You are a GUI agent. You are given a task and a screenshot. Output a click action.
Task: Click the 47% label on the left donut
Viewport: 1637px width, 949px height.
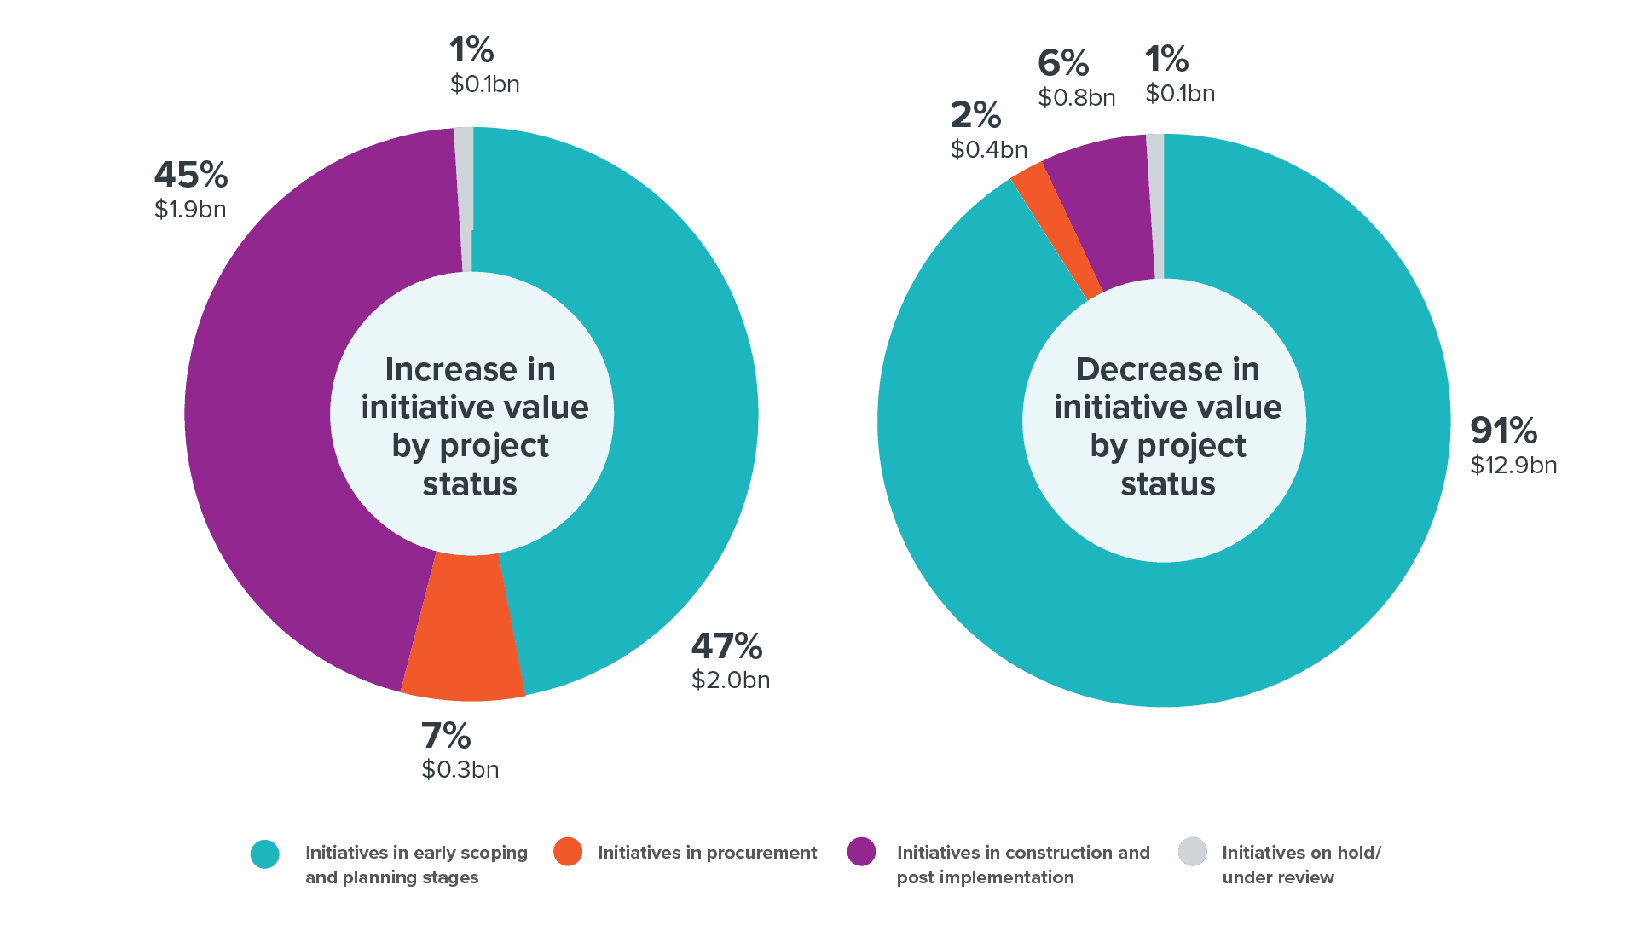click(x=726, y=646)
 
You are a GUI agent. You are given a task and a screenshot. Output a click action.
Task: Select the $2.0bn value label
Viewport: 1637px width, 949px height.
click(x=730, y=680)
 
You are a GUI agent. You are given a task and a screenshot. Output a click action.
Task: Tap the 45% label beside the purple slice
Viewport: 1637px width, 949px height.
click(x=190, y=176)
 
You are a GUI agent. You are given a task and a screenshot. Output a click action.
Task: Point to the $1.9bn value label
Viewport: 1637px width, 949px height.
click(x=189, y=210)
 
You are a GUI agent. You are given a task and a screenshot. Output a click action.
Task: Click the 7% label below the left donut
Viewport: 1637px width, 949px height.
click(x=445, y=736)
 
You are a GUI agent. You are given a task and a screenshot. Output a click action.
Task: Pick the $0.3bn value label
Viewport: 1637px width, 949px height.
click(x=460, y=770)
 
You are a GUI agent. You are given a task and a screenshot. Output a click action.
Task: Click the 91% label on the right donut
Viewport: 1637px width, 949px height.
click(x=1503, y=431)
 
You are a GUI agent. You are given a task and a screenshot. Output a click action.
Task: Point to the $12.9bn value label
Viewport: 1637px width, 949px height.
click(x=1513, y=466)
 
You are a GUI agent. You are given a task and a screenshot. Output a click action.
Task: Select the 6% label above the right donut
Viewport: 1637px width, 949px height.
click(x=1062, y=63)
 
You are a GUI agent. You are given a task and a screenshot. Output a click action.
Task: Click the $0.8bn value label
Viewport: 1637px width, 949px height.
click(x=1076, y=98)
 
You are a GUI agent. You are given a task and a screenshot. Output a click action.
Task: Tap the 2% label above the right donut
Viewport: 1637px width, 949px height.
click(x=975, y=115)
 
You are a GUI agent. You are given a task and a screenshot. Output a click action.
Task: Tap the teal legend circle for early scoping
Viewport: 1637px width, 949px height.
click(x=265, y=854)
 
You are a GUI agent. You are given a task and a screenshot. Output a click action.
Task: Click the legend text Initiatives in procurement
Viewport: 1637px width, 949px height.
click(x=707, y=853)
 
